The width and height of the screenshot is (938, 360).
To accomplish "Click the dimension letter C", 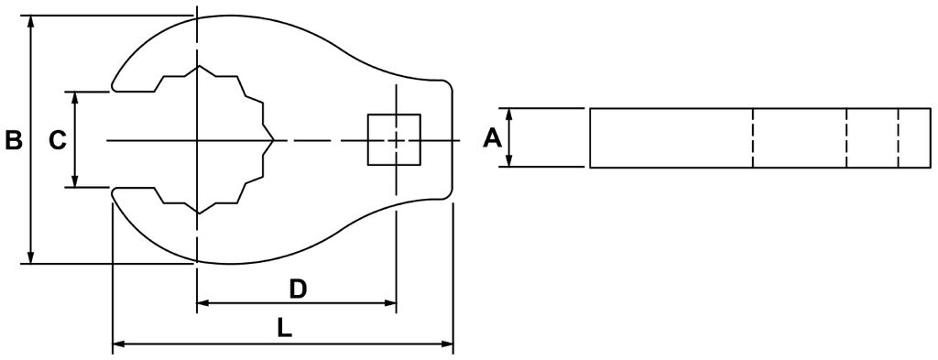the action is (57, 140).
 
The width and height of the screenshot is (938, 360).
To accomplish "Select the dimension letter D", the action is (298, 289).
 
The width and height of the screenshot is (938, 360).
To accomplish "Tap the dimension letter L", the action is (285, 328).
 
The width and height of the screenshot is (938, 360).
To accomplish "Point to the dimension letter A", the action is (492, 138).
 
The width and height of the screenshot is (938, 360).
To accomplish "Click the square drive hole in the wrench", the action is (394, 139).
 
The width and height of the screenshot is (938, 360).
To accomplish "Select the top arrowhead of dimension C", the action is (75, 99).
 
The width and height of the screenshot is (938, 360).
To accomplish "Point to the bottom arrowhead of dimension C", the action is (75, 180).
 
